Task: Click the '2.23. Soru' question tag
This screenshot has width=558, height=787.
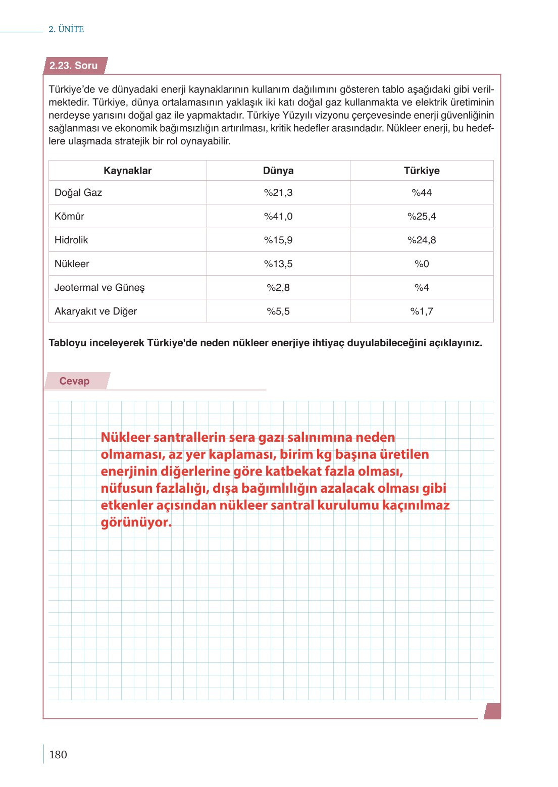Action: (74, 66)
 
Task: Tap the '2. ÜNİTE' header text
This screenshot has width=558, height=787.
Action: (66, 29)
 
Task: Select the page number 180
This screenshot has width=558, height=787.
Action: (58, 754)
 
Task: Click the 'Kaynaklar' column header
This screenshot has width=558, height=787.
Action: (127, 171)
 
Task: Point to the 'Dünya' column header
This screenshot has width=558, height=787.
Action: (278, 171)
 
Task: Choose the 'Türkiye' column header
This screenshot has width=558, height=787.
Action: (422, 171)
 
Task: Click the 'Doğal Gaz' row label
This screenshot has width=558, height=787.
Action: (78, 192)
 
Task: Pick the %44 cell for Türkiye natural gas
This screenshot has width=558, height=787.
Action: (422, 192)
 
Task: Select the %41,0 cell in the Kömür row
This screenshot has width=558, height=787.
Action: (278, 216)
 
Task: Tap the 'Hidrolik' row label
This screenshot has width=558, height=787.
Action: (71, 240)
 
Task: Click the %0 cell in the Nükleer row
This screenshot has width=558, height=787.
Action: (422, 264)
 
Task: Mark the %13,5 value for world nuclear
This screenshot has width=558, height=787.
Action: (278, 264)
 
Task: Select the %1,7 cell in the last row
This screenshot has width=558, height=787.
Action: (422, 311)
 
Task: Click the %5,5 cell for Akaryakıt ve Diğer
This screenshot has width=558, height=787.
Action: (278, 311)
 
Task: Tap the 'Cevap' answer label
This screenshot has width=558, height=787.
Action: (74, 381)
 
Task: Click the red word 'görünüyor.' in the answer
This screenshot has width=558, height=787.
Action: (136, 522)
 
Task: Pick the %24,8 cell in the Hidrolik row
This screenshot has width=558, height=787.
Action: (422, 240)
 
